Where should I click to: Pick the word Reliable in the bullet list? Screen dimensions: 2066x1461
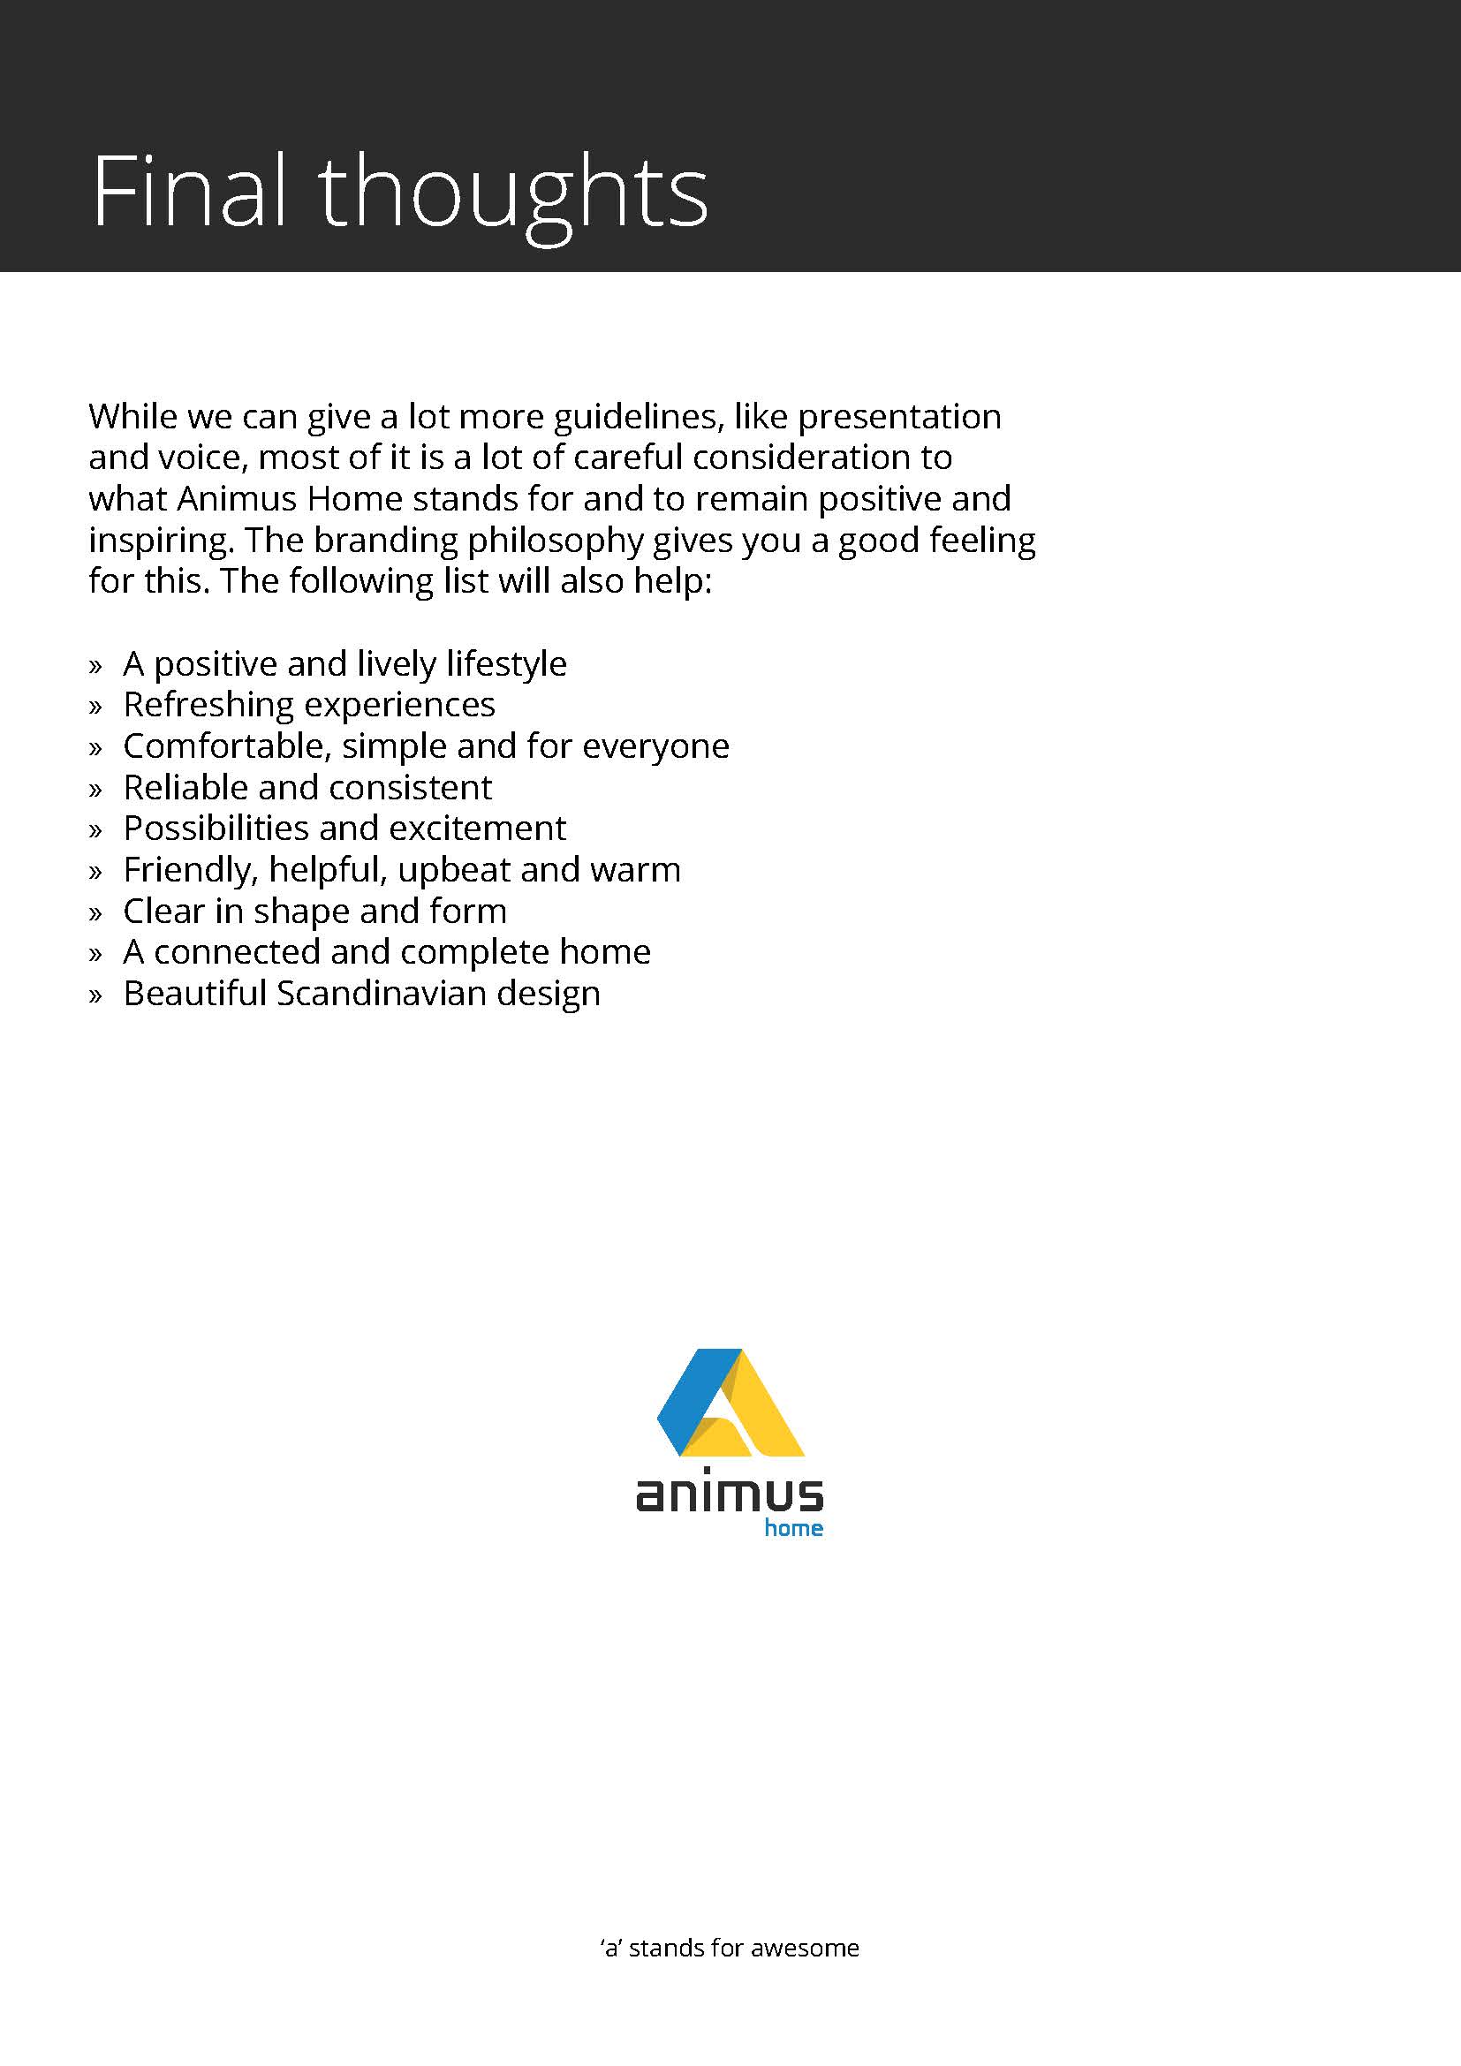coord(185,787)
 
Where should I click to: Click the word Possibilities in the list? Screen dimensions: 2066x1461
coord(215,829)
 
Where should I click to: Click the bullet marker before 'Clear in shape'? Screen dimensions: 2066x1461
coord(95,913)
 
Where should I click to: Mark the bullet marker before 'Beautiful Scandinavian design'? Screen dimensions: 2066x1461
coord(95,996)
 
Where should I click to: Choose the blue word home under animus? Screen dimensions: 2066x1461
coord(793,1529)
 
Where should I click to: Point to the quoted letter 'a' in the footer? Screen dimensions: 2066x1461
coord(612,1949)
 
